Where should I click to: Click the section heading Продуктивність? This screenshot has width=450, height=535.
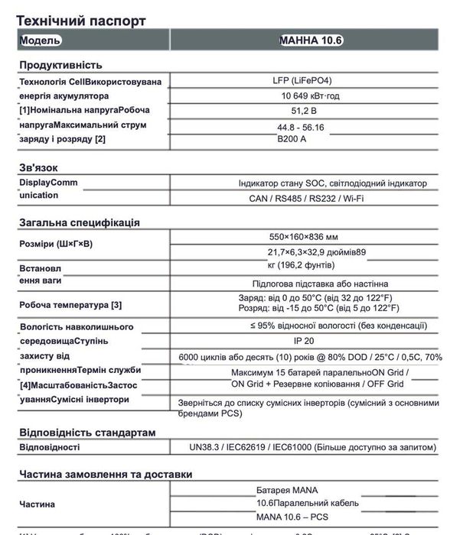[60, 65]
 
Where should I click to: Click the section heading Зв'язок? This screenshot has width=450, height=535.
[39, 167]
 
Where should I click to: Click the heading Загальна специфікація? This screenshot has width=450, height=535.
[79, 223]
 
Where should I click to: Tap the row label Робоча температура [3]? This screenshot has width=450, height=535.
[70, 305]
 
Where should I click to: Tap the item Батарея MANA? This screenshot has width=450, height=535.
[287, 490]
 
